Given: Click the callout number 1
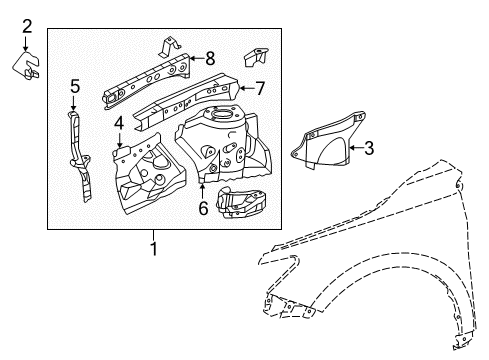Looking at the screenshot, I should [153, 246].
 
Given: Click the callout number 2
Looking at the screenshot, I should [27, 25].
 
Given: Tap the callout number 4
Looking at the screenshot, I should [118, 124].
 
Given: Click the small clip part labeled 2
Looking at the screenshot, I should [28, 65].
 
